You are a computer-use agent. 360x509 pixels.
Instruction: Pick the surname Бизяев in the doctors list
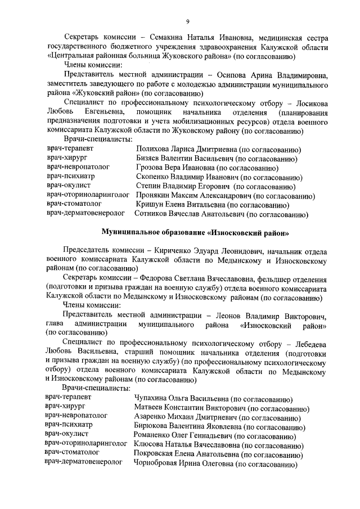148,159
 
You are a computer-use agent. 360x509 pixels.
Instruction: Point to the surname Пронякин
154,195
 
